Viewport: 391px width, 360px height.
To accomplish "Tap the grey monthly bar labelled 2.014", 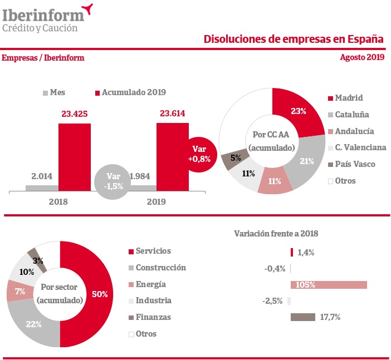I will (x=42, y=188).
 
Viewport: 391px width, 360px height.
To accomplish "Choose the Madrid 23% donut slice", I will (x=297, y=111).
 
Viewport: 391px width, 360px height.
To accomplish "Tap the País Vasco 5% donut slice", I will (x=232, y=159).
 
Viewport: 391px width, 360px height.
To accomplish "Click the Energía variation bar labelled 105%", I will (x=329, y=285).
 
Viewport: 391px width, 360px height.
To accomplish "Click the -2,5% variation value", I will (x=272, y=301).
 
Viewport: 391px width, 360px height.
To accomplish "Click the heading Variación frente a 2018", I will (x=276, y=234).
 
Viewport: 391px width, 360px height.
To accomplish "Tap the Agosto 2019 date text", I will (x=361, y=57).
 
